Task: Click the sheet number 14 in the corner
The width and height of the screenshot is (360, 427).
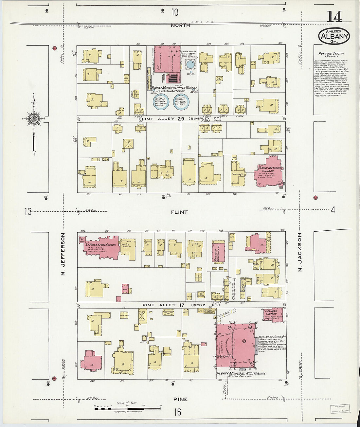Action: pos(333,17)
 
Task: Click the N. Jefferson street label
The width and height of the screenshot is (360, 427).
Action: pos(63,254)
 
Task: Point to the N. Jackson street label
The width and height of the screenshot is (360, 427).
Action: pos(299,253)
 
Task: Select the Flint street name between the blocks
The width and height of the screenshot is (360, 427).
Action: pos(179,212)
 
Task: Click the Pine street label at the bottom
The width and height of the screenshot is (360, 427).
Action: pos(180,399)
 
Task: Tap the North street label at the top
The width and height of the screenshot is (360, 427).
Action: pos(180,25)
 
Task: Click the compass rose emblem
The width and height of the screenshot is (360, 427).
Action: pos(33,118)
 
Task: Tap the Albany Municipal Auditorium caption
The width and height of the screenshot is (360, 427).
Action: pos(241,373)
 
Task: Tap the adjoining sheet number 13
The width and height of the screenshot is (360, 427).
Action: pos(28,212)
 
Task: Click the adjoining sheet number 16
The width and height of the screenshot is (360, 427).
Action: pos(177,412)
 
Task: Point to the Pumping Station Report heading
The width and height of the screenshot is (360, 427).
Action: pos(331,55)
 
